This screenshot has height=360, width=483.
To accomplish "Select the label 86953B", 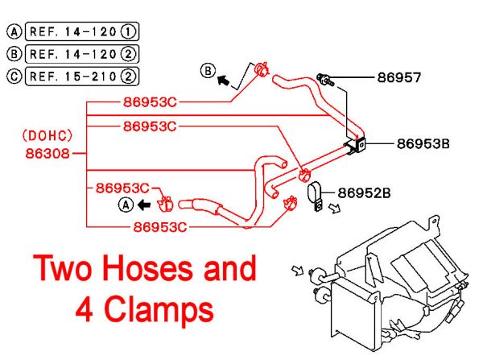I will [423, 145].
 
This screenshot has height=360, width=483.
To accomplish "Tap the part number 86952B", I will [364, 193].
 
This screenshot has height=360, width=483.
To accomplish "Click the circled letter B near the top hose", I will [208, 72].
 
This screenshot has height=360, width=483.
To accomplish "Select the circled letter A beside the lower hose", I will [125, 205].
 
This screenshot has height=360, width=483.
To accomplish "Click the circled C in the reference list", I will [13, 77].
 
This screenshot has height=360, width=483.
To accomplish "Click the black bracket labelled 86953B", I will [356, 145].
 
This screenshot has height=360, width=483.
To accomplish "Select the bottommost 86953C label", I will [160, 227].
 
